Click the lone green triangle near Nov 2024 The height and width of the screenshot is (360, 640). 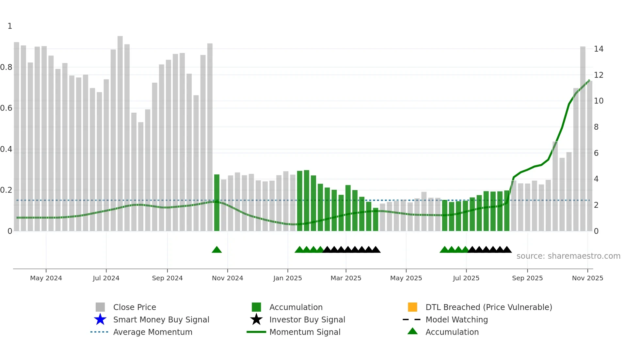point(216,250)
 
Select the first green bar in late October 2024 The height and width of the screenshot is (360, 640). point(216,203)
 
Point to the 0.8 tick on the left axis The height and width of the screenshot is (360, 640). point(7,67)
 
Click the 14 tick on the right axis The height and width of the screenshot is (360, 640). point(599,49)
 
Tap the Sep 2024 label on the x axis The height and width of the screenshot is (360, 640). point(167,278)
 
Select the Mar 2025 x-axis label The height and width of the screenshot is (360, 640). point(346,278)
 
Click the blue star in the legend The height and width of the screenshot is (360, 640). point(100,319)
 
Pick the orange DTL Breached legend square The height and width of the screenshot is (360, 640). point(412,307)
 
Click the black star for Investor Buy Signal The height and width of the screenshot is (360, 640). point(256,319)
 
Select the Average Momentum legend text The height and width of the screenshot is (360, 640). point(152,332)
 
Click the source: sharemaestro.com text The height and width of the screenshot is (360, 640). point(568,256)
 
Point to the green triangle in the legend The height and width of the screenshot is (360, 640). point(412,331)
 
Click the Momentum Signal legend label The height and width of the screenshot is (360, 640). point(305,332)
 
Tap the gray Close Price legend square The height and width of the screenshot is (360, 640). point(100,307)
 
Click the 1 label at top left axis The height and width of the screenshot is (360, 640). point(10,26)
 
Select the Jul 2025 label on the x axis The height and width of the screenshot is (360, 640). point(466,278)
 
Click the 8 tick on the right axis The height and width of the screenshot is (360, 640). point(596,127)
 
